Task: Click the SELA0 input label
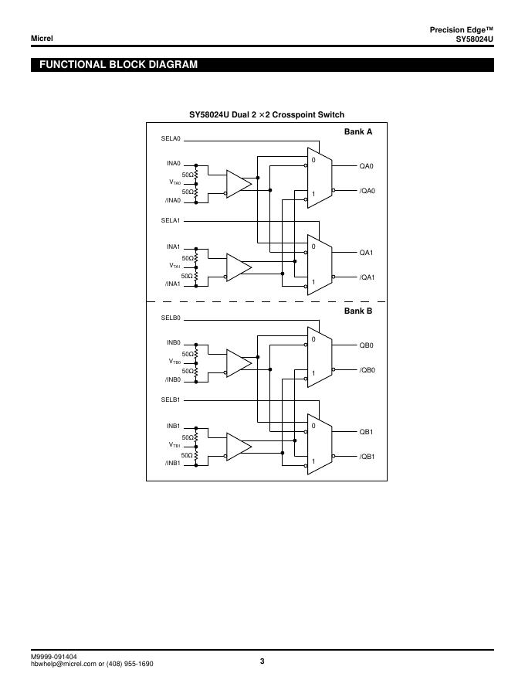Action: [x=171, y=139]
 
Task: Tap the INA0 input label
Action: [x=173, y=164]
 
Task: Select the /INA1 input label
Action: [x=172, y=284]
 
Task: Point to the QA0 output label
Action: [x=366, y=166]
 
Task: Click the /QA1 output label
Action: [x=367, y=277]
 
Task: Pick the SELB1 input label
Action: [x=171, y=401]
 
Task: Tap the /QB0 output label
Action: [x=367, y=370]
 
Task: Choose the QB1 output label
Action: [x=366, y=432]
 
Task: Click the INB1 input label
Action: [x=173, y=426]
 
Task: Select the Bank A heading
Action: [x=358, y=132]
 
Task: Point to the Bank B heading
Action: [x=358, y=311]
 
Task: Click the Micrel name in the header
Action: [x=42, y=39]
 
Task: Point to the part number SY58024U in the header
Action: [x=474, y=39]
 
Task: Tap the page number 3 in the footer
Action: [x=262, y=661]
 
